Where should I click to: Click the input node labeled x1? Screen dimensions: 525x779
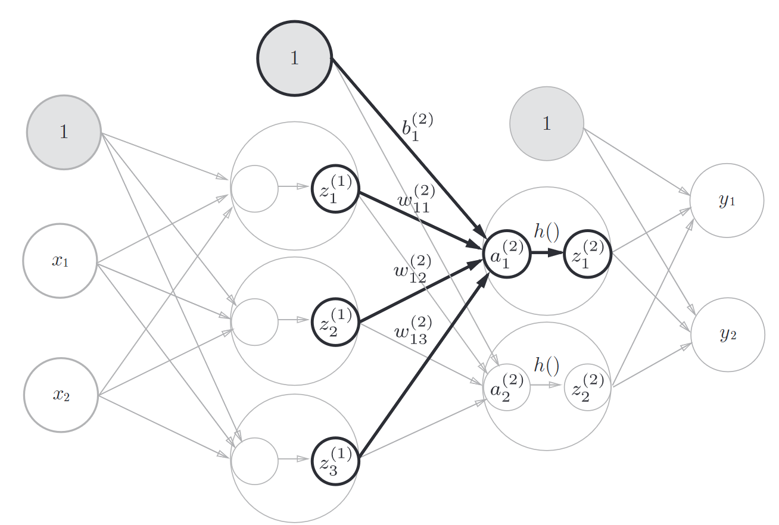point(60,261)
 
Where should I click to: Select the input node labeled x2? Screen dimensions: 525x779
point(61,395)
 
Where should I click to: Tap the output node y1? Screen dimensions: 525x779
point(727,201)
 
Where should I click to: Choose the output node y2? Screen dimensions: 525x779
point(727,335)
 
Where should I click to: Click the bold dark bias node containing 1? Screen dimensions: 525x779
point(294,58)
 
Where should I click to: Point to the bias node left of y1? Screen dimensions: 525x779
point(547,124)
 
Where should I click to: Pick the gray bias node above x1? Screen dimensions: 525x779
point(64,132)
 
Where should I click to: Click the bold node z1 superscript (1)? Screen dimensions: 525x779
point(335,189)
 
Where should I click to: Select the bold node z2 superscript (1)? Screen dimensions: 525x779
point(335,322)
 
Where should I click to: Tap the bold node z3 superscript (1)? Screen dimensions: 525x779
point(335,461)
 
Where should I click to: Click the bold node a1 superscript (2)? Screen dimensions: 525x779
point(507,254)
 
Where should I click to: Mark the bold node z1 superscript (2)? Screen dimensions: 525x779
point(587,254)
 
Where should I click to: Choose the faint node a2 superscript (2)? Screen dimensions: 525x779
point(507,387)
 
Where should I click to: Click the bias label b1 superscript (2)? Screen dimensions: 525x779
point(417,127)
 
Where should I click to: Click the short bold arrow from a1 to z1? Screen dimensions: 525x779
point(546,253)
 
